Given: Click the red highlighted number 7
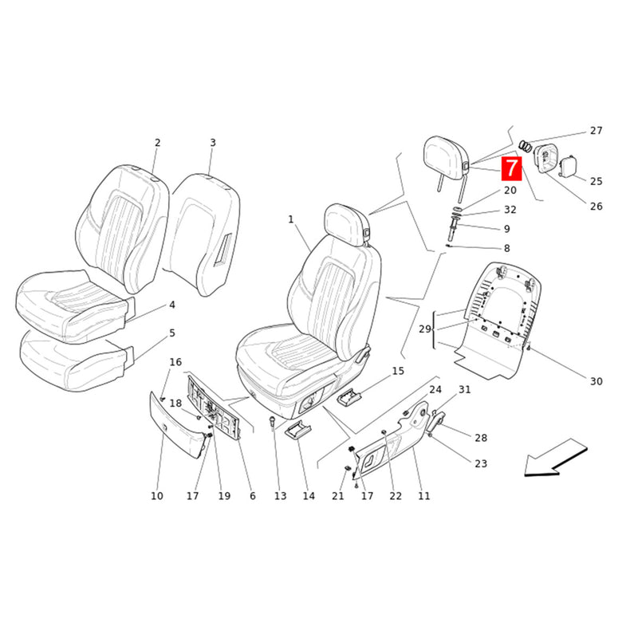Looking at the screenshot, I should tap(510, 168).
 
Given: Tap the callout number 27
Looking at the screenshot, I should tap(597, 131).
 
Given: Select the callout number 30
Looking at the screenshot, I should tap(597, 381).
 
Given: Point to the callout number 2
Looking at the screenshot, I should tap(157, 143).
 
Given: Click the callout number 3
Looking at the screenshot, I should tap(212, 143).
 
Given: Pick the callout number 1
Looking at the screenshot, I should tap(291, 219).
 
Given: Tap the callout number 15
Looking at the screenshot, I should tap(398, 371).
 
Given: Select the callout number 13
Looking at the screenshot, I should tap(280, 496).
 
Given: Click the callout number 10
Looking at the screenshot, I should tap(156, 496).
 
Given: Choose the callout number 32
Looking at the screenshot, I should tap(510, 210).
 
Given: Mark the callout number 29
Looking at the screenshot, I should tap(425, 329).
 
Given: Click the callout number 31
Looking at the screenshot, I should tap(465, 389).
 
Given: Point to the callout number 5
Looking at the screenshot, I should tap(171, 333).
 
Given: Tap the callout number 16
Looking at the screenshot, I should tap(175, 363).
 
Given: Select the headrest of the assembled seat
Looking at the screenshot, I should tap(345, 219).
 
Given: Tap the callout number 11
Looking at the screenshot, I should tap(423, 496).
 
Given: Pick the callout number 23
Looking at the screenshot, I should tap(481, 463).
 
